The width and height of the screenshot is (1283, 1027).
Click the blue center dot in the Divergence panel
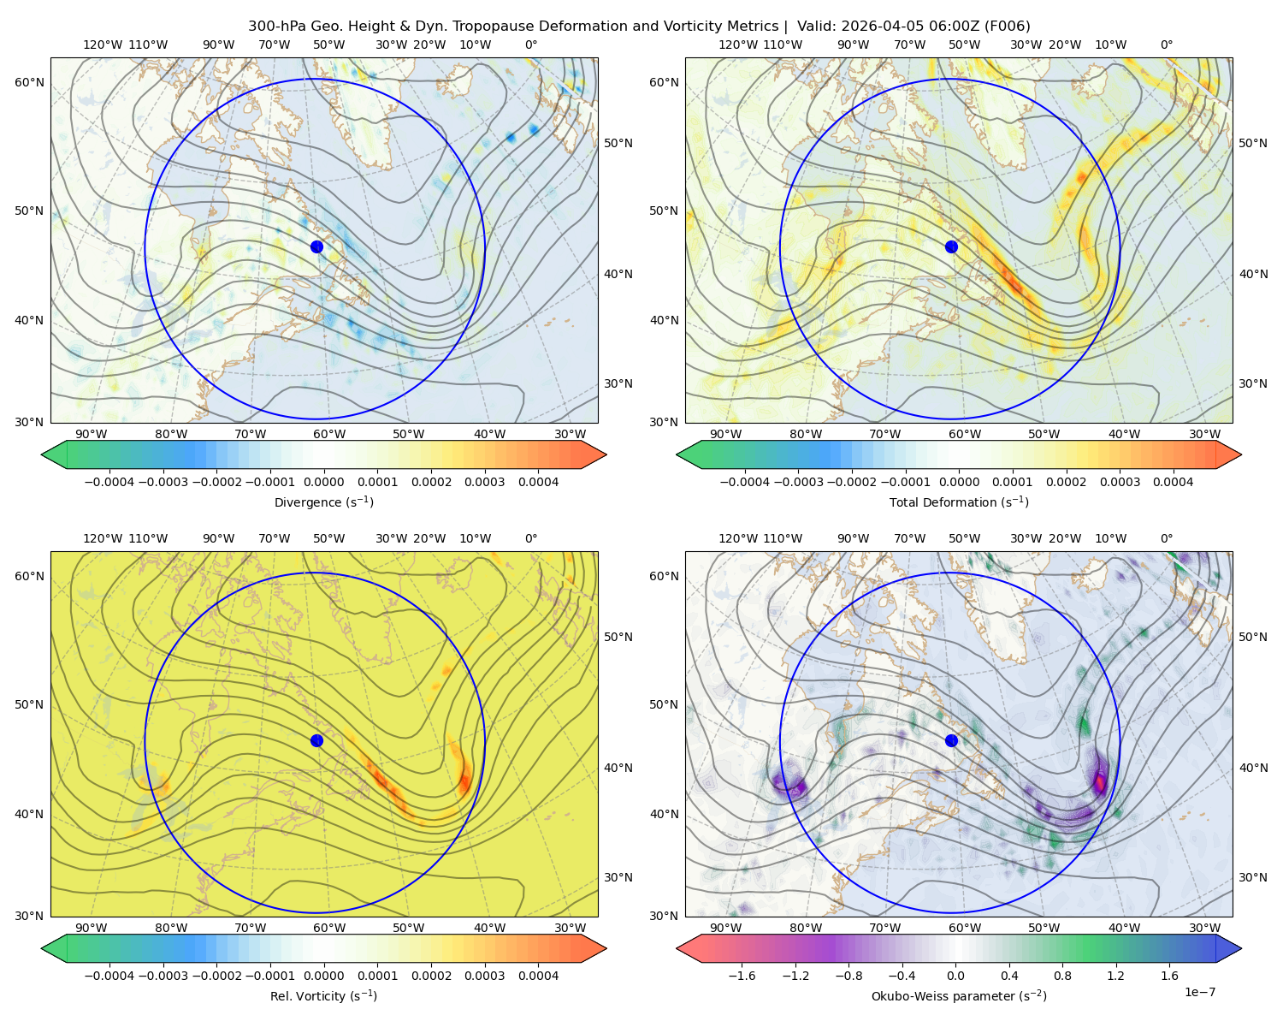coord(316,247)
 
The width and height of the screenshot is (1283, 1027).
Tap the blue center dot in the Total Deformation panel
coord(951,247)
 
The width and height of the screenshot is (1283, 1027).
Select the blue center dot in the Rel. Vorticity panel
coord(316,740)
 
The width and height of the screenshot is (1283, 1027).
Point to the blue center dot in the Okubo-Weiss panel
coord(951,740)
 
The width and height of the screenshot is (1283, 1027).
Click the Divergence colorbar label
coord(323,502)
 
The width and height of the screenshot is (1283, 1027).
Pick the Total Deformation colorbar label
coord(959,502)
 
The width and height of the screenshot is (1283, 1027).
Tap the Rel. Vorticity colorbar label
coord(323,996)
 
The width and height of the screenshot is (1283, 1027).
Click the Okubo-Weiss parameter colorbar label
coord(959,996)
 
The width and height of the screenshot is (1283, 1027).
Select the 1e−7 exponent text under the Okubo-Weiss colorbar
coord(1199,993)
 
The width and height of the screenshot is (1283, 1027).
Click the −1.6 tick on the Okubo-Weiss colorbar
coord(742,976)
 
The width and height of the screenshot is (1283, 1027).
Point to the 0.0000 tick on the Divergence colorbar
coord(323,482)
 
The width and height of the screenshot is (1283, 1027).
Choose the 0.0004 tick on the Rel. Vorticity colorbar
coord(538,976)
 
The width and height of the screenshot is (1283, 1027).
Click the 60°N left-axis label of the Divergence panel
coord(29,82)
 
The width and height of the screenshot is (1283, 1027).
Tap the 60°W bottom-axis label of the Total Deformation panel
coord(965,435)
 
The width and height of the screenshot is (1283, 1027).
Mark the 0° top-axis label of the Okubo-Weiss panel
coord(1167,538)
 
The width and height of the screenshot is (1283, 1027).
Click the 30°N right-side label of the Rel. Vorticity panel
coord(618,877)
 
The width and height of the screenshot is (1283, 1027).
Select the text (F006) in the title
coord(1007,27)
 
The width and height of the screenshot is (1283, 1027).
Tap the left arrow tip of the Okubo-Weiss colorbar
coord(677,948)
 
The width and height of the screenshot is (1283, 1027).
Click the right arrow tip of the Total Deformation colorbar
coord(1241,454)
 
